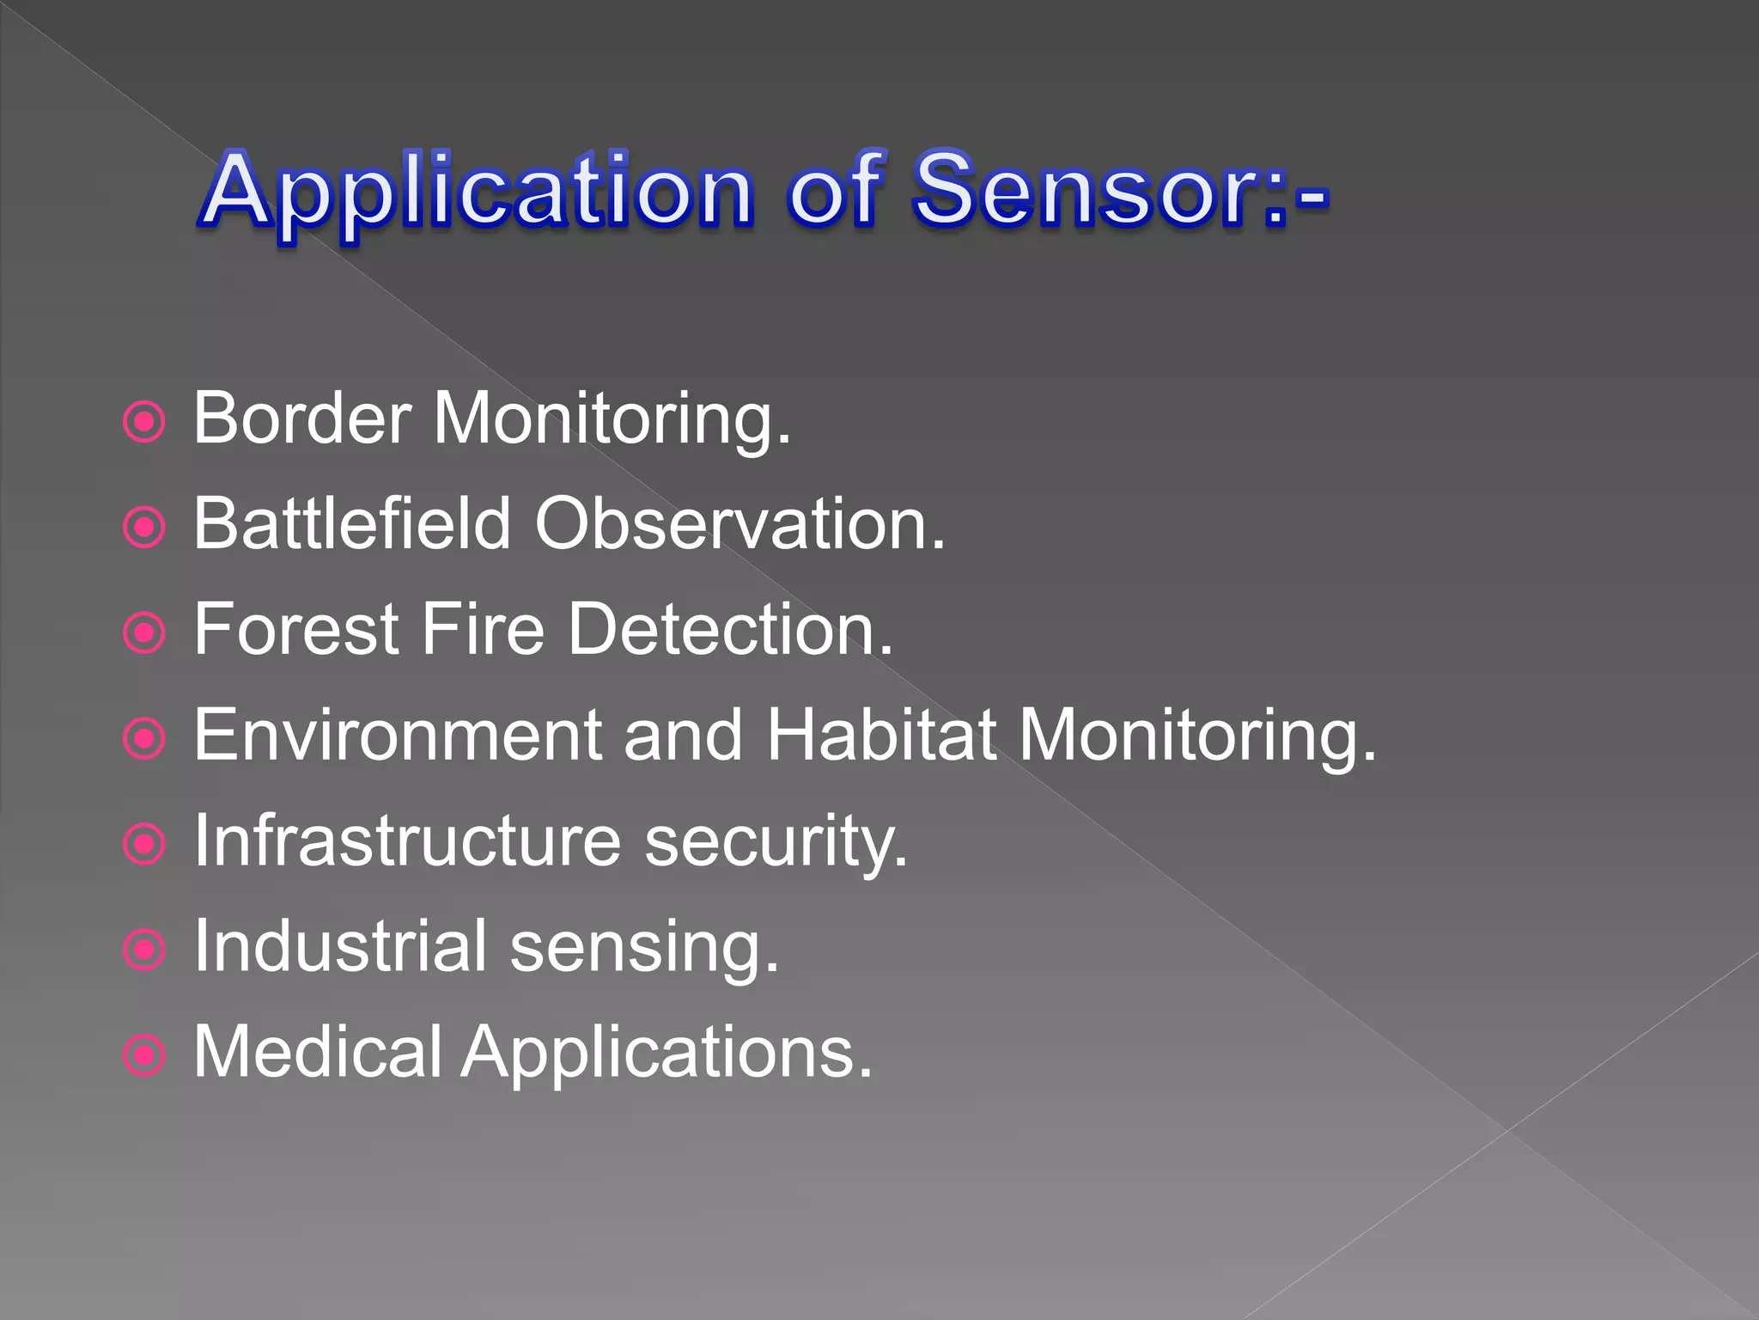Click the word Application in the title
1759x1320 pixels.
[478, 192]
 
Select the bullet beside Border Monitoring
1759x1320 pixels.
[143, 422]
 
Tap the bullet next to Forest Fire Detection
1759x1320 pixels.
[143, 633]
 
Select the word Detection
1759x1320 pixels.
[731, 629]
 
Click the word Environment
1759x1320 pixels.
[398, 736]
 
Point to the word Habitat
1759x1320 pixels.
[881, 736]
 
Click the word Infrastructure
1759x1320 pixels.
[407, 840]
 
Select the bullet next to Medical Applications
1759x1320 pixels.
[143, 1055]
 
